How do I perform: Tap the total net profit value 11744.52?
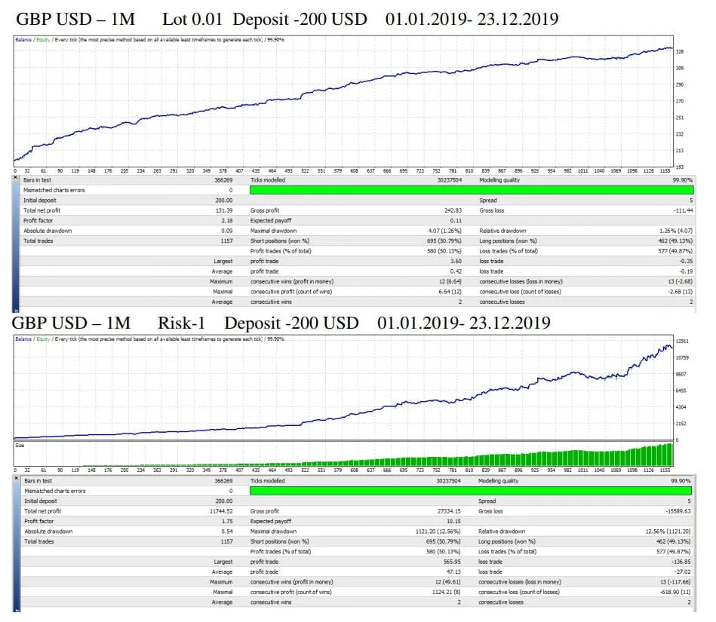click(221, 511)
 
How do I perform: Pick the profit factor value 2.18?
click(226, 220)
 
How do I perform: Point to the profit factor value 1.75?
click(226, 521)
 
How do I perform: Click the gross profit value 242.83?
click(450, 210)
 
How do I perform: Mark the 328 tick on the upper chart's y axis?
click(680, 52)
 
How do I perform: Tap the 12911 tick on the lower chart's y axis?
click(684, 342)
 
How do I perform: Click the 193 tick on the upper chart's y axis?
click(680, 167)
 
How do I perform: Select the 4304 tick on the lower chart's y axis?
click(682, 407)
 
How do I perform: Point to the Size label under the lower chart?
click(20, 445)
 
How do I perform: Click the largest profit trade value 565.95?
click(450, 562)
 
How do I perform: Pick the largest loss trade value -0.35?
click(682, 261)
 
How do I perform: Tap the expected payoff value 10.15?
click(453, 521)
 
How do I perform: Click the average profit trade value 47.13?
click(453, 571)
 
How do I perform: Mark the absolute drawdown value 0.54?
click(226, 532)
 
